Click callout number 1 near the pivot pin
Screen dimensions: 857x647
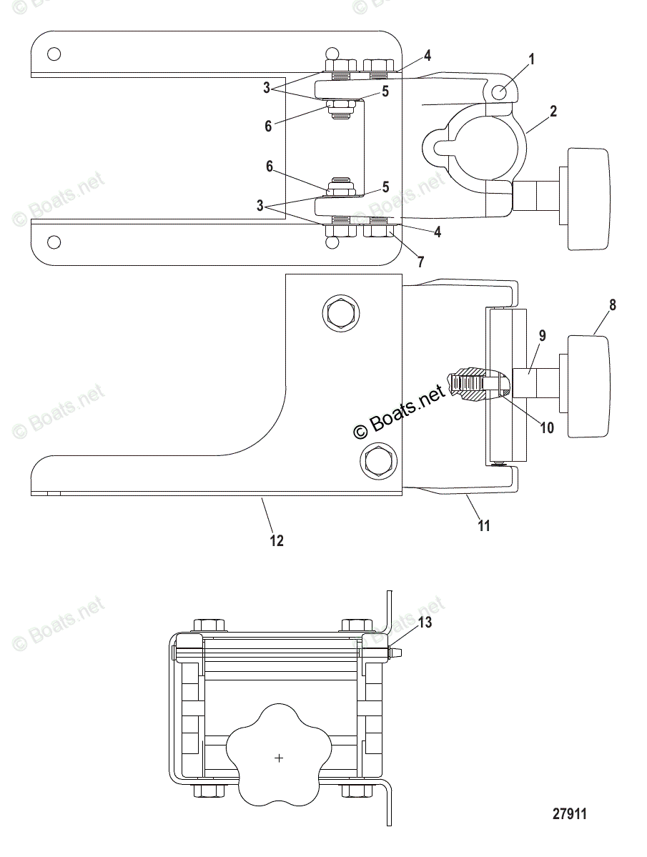click(531, 59)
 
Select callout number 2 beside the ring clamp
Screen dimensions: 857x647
click(553, 111)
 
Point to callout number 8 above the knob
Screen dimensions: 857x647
click(612, 304)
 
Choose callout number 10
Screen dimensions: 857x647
click(546, 427)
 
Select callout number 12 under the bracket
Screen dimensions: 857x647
click(276, 541)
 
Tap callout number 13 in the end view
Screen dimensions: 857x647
click(425, 623)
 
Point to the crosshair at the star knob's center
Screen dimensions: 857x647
click(279, 758)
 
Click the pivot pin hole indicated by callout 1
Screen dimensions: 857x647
click(502, 91)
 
